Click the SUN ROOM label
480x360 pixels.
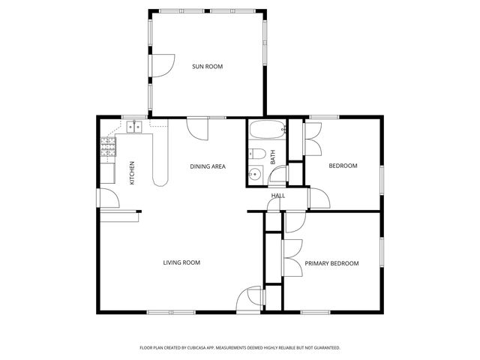click(208, 67)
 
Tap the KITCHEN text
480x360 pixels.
click(132, 173)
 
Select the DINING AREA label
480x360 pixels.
click(208, 166)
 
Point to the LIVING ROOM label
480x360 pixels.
click(181, 262)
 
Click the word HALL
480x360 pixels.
click(278, 196)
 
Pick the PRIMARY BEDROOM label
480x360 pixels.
click(331, 263)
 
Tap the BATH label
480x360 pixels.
click(273, 157)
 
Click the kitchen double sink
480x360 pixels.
click(135, 127)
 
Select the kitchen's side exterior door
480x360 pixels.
click(108, 197)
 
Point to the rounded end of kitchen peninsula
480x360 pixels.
click(160, 179)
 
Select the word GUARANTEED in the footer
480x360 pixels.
click(324, 348)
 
